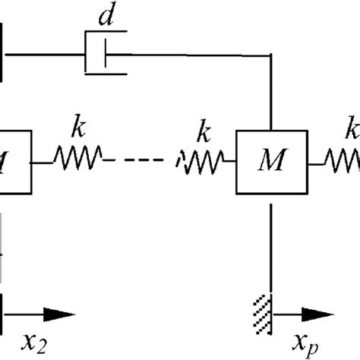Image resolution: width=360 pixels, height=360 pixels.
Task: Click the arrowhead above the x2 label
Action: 63,313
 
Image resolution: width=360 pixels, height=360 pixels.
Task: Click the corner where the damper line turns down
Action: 272,54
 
